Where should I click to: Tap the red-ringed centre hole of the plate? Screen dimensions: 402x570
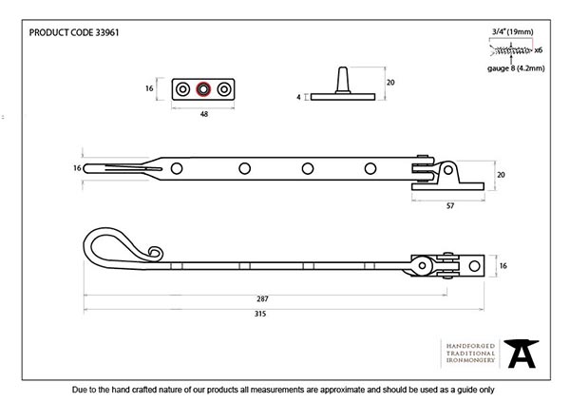coord(202,89)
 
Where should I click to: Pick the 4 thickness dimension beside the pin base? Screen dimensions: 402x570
coord(297,97)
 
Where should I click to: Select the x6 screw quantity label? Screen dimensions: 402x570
coord(538,49)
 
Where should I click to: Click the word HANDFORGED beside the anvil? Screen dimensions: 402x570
coord(467,343)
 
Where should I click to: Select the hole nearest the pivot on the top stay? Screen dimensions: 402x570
coord(370,168)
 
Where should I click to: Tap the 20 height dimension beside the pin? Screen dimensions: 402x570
coord(389,83)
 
